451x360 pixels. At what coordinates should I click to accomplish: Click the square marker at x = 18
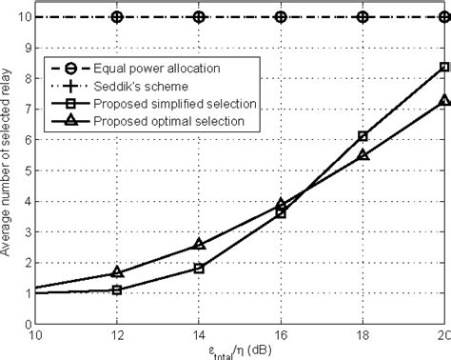tap(363, 136)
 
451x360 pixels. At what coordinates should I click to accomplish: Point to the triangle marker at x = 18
tap(363, 155)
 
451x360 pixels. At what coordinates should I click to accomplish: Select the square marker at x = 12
tap(117, 290)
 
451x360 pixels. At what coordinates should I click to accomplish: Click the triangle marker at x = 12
tap(117, 272)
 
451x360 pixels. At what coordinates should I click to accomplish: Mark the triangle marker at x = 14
tap(199, 244)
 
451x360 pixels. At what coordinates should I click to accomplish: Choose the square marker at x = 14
tap(199, 268)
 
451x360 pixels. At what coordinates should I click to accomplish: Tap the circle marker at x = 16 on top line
tap(281, 17)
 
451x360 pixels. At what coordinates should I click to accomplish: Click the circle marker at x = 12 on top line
tap(117, 17)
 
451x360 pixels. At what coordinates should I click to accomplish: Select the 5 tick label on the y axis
tap(28, 171)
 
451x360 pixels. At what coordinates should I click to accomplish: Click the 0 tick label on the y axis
tap(28, 327)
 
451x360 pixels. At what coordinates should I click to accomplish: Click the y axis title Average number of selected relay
tap(9, 171)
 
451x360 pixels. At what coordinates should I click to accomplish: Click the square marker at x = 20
tap(444, 67)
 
